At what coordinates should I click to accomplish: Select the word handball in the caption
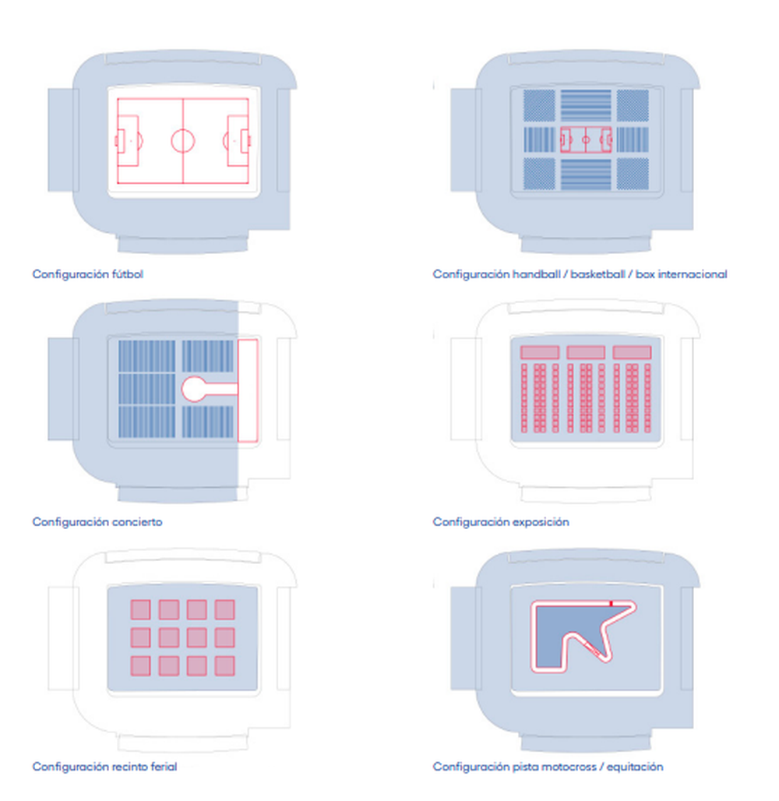[537, 273]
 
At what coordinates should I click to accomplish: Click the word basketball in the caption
[597, 273]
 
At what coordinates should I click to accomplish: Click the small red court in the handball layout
[586, 139]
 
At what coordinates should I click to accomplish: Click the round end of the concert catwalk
[194, 390]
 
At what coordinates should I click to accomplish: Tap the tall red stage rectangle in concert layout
[248, 390]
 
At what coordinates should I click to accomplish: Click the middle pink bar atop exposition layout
[586, 352]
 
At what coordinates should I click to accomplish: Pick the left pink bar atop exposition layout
[540, 352]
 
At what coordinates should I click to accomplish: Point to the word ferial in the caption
[164, 766]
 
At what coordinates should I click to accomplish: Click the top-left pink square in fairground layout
[140, 609]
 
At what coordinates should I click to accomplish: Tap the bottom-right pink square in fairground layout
[225, 665]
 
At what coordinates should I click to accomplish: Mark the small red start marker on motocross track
[611, 604]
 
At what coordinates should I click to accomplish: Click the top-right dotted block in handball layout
[633, 105]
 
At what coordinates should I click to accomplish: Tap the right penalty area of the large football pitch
[238, 140]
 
